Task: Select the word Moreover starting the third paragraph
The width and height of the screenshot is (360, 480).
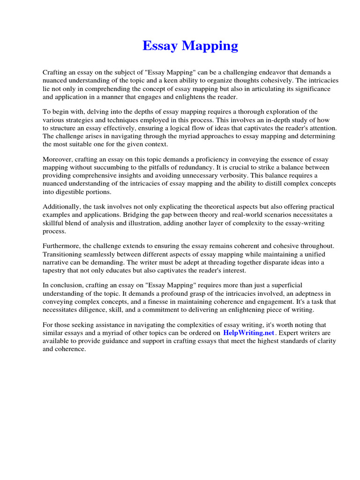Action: coord(58,159)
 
